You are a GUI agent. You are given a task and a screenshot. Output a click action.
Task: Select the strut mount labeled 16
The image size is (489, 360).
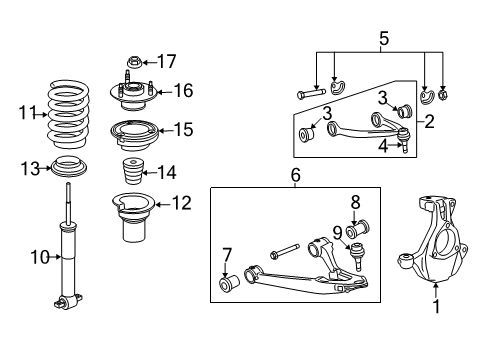[132, 94]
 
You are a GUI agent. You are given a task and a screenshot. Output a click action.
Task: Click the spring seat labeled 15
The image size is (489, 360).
[133, 131]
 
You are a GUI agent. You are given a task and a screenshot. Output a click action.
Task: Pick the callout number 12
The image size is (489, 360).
[180, 203]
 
